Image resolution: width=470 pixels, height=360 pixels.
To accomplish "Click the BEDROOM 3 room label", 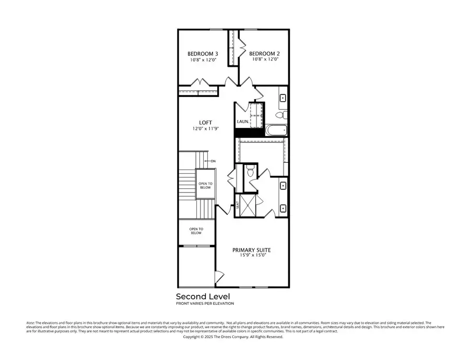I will [203, 54].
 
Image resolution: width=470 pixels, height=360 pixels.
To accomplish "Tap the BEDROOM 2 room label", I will [264, 54].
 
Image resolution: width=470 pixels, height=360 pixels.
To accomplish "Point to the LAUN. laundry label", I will [242, 122].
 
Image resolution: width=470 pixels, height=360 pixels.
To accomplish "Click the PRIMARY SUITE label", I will [252, 250].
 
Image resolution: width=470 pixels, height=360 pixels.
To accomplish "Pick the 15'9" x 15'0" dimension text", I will [252, 256].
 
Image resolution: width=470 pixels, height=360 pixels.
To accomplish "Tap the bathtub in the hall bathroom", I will [276, 130].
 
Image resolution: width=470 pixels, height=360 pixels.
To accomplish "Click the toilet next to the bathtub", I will [279, 114].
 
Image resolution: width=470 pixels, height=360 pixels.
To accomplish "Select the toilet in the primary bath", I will [250, 171].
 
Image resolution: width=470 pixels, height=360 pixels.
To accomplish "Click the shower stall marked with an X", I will [251, 205].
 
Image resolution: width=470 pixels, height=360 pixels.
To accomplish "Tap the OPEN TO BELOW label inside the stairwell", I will [205, 185].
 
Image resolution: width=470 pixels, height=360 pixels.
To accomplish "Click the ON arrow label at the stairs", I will [213, 161].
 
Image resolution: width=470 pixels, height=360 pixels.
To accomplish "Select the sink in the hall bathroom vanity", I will [284, 98].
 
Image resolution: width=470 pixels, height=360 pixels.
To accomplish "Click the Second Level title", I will [203, 296].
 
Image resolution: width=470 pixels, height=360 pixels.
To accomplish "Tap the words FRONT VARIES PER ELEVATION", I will [205, 303].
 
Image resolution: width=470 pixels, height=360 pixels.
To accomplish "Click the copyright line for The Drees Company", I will [233, 337].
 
